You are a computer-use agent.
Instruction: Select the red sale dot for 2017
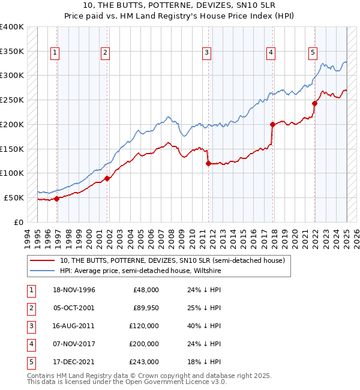272,125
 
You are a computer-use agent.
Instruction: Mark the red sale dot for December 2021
314,103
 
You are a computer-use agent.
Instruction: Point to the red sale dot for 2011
208,163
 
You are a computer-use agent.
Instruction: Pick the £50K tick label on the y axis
14,197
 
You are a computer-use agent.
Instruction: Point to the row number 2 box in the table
30,308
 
